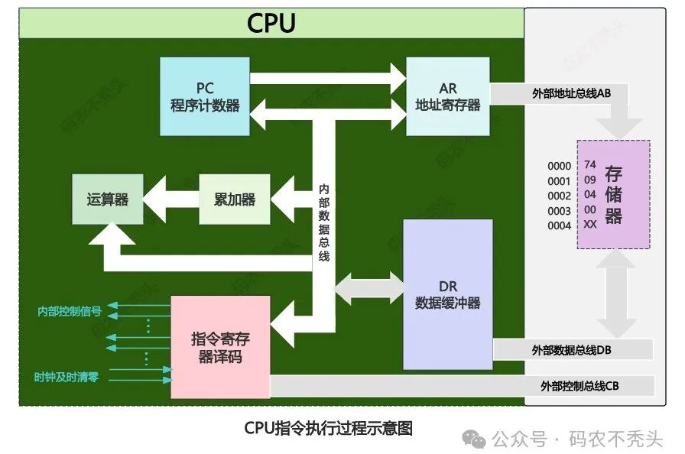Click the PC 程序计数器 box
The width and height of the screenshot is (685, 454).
pyautogui.click(x=205, y=96)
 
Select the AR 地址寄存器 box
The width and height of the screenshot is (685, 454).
pyautogui.click(x=447, y=96)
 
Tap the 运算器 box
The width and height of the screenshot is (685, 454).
pyautogui.click(x=107, y=199)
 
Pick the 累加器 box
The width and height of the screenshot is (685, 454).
pyautogui.click(x=234, y=199)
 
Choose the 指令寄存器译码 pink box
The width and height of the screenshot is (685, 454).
pyautogui.click(x=220, y=347)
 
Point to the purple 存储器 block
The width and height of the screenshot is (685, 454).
pyautogui.click(x=613, y=194)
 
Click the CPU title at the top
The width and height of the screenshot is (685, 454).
pyautogui.click(x=271, y=24)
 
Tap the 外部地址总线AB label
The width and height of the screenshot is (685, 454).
pyautogui.click(x=571, y=94)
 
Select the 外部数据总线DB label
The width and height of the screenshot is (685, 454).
pyautogui.click(x=571, y=349)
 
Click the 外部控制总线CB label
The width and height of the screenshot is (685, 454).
pyautogui.click(x=579, y=385)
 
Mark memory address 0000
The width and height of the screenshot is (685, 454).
pyautogui.click(x=559, y=166)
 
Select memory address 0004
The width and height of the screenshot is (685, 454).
pyautogui.click(x=559, y=225)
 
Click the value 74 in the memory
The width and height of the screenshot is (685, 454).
pyautogui.click(x=589, y=165)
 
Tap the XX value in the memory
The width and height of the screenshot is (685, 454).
pyautogui.click(x=589, y=225)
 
